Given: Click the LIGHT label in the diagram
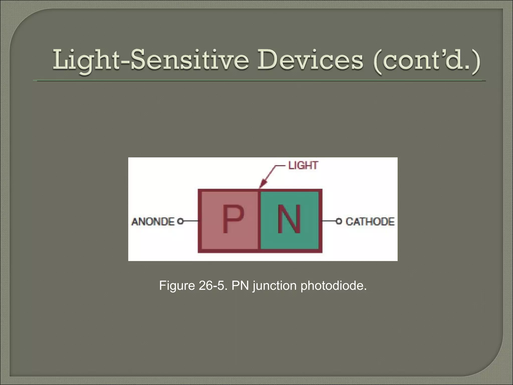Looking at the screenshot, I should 303,166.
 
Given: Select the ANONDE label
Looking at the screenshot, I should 153,222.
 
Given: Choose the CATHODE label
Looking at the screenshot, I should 370,222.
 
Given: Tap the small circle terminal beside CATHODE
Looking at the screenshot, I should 339,221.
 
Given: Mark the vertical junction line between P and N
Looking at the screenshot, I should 259,221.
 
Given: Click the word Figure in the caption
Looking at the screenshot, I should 177,286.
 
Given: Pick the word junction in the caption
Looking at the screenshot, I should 275,286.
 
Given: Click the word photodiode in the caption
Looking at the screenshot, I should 333,286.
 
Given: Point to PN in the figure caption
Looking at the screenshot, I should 240,286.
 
